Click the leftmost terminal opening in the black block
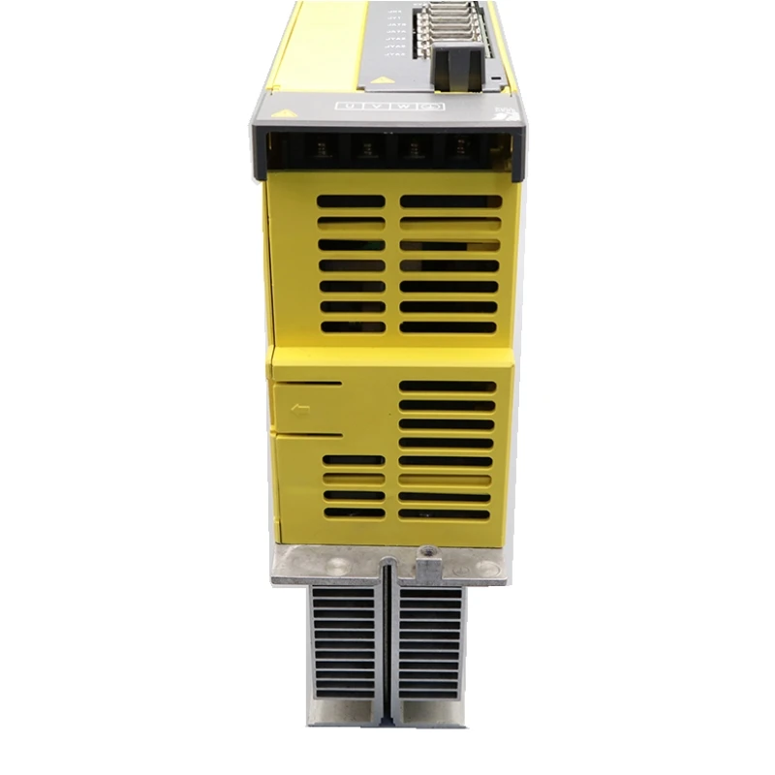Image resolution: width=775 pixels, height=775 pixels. coord(320,150)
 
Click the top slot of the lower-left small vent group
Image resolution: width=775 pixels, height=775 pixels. coord(354,459)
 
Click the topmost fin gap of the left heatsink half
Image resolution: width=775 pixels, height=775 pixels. coord(345,594)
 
